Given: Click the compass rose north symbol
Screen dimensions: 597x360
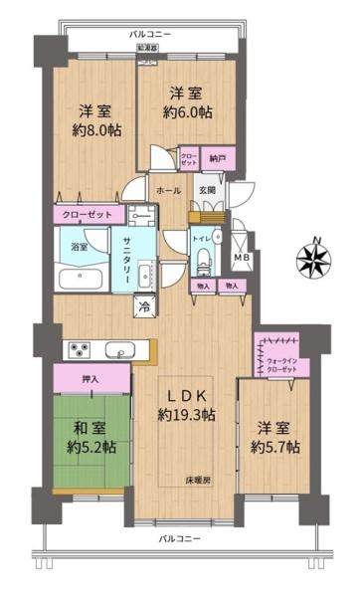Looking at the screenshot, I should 311,253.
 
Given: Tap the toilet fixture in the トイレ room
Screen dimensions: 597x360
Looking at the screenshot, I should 205,261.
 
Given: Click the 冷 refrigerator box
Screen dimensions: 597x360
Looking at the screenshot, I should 144,305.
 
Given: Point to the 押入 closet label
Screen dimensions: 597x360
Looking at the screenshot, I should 90,378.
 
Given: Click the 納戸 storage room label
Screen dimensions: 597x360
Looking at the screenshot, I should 215,157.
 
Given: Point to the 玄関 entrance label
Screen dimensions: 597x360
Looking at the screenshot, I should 207,190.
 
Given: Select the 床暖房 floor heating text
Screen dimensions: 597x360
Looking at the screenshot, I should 195,480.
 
